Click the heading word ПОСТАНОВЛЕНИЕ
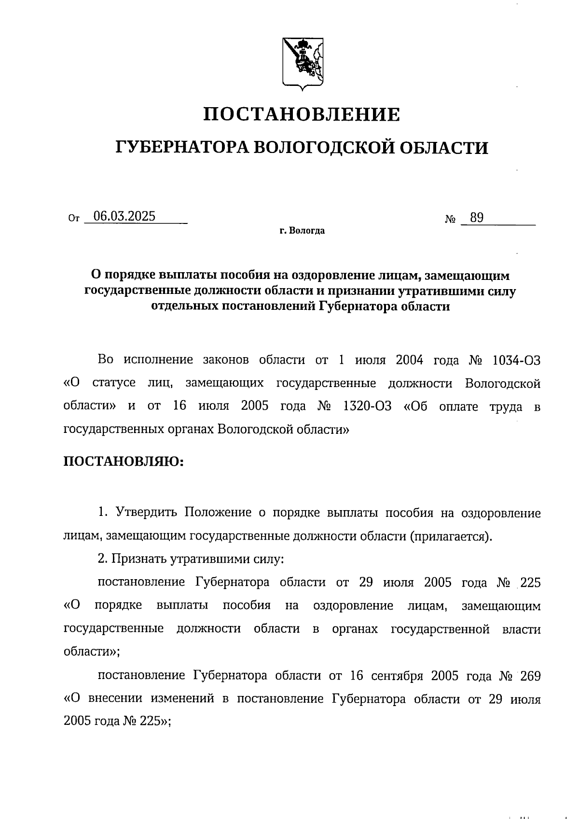(302, 114)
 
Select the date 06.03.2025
(124, 216)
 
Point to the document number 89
(477, 218)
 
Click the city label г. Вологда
(302, 231)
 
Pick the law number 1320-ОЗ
(367, 406)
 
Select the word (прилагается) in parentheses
(451, 536)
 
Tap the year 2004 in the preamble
(409, 360)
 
